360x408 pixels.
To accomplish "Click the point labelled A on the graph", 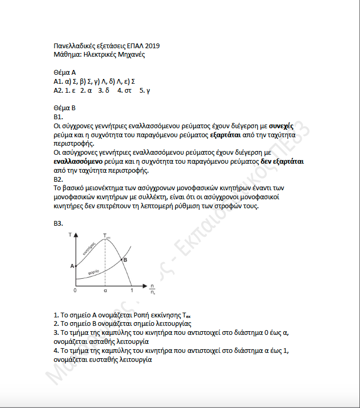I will click(72, 266).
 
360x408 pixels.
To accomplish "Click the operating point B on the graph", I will click(125, 260).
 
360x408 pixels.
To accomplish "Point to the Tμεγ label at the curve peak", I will click(106, 236).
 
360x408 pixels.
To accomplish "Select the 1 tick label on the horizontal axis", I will click(132, 290).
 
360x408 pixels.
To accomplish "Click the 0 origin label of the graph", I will click(75, 290).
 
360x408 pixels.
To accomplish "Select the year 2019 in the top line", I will click(152, 46).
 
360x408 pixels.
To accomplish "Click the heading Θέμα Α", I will click(65, 72).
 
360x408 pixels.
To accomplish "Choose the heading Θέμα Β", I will click(65, 108).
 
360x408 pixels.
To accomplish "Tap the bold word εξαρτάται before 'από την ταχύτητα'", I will click(225, 135).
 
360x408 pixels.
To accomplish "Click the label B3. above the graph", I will click(59, 224).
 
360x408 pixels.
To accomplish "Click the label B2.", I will click(59, 179).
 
